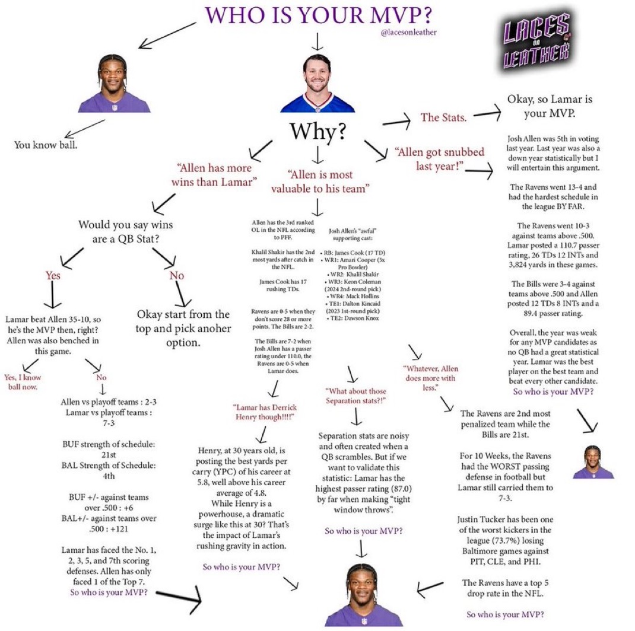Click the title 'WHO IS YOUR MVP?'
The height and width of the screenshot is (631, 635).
(x=318, y=15)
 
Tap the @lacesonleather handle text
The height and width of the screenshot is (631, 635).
(x=409, y=33)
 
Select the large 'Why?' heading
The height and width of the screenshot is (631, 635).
(x=318, y=132)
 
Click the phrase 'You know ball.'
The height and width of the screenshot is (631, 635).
(x=46, y=145)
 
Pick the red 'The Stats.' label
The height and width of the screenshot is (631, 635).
(x=443, y=117)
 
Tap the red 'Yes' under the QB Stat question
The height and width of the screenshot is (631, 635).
(x=53, y=276)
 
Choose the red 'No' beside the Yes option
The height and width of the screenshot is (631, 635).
(x=177, y=276)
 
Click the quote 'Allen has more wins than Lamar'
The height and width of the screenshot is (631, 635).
(x=214, y=175)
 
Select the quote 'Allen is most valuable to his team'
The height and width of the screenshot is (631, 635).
(x=320, y=181)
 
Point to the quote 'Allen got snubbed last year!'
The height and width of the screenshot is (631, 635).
(x=440, y=159)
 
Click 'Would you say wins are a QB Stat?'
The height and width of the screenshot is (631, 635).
(x=126, y=231)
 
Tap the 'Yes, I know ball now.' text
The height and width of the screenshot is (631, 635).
(x=23, y=382)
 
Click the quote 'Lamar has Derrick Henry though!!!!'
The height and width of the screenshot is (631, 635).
(x=265, y=412)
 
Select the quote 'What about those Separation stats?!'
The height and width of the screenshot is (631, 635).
(x=355, y=396)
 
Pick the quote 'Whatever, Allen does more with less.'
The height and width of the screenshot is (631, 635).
(x=430, y=378)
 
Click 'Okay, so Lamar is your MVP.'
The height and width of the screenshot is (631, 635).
(x=550, y=106)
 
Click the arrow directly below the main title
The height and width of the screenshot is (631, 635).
(x=317, y=42)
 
